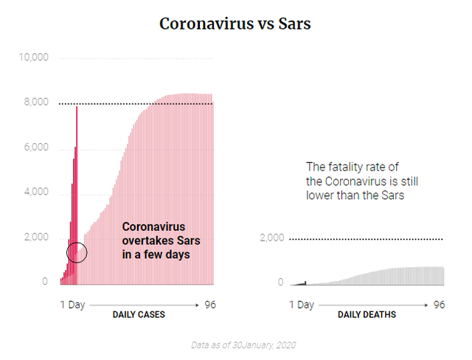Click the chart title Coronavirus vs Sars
(x=235, y=24)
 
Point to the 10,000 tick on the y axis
(x=35, y=58)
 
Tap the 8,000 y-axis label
(x=37, y=103)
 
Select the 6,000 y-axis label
(x=37, y=148)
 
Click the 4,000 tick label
(x=37, y=193)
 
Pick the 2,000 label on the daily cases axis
(x=37, y=238)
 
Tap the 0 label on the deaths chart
(x=280, y=283)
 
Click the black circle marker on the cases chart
(x=77, y=253)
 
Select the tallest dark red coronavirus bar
(x=77, y=192)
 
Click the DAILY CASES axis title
(x=139, y=315)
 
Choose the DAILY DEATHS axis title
(x=367, y=315)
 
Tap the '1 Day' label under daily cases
(x=72, y=304)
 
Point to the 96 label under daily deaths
(x=439, y=304)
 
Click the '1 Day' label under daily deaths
(x=302, y=304)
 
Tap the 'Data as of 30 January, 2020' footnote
(x=235, y=345)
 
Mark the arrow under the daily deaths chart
(x=374, y=304)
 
